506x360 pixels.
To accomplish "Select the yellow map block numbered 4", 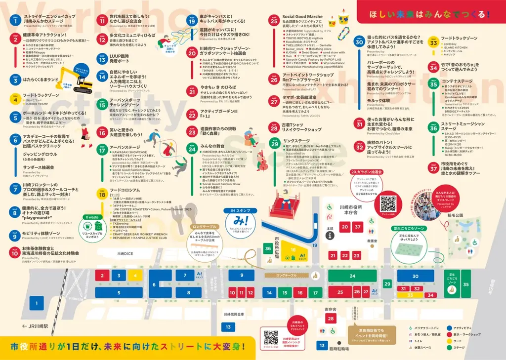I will pyautogui.click(x=134, y=276).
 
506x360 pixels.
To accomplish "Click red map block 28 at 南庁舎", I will pyautogui.click(x=331, y=319).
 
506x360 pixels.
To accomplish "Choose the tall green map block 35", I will pyautogui.click(x=465, y=284).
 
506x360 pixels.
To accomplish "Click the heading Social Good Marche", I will pyautogui.click(x=302, y=17).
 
